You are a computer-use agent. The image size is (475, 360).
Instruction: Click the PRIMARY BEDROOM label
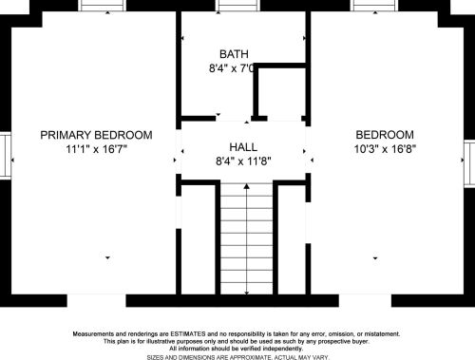click(x=96, y=135)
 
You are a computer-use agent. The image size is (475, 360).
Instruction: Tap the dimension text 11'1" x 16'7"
click(x=96, y=149)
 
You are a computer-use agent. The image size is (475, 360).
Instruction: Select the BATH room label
click(x=234, y=54)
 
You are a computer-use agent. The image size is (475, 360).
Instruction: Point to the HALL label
click(x=243, y=147)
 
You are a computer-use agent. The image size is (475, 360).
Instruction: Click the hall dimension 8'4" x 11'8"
click(x=243, y=161)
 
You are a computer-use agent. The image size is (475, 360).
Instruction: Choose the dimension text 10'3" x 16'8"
click(x=385, y=148)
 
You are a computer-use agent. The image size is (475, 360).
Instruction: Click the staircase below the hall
click(x=246, y=239)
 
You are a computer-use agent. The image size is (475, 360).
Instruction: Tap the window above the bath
click(x=237, y=6)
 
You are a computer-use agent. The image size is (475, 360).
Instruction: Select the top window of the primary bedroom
click(x=103, y=6)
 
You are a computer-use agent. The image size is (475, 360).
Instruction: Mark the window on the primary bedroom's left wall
click(x=6, y=155)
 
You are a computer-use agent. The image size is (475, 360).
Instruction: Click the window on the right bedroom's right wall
click(x=469, y=163)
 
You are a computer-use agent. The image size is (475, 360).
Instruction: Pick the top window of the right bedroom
click(x=374, y=6)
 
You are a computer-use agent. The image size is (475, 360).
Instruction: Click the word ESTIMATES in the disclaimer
click(x=188, y=333)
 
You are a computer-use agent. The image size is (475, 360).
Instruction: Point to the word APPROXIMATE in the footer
click(x=251, y=357)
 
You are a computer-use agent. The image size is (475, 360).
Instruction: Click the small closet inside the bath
click(x=282, y=92)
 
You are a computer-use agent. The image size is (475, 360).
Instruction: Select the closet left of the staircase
click(x=199, y=239)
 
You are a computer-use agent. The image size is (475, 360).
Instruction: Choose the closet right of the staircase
click(x=292, y=239)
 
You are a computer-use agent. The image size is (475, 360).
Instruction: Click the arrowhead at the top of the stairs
click(x=247, y=186)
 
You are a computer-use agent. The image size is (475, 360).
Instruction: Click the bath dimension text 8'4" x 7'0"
click(x=232, y=68)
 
